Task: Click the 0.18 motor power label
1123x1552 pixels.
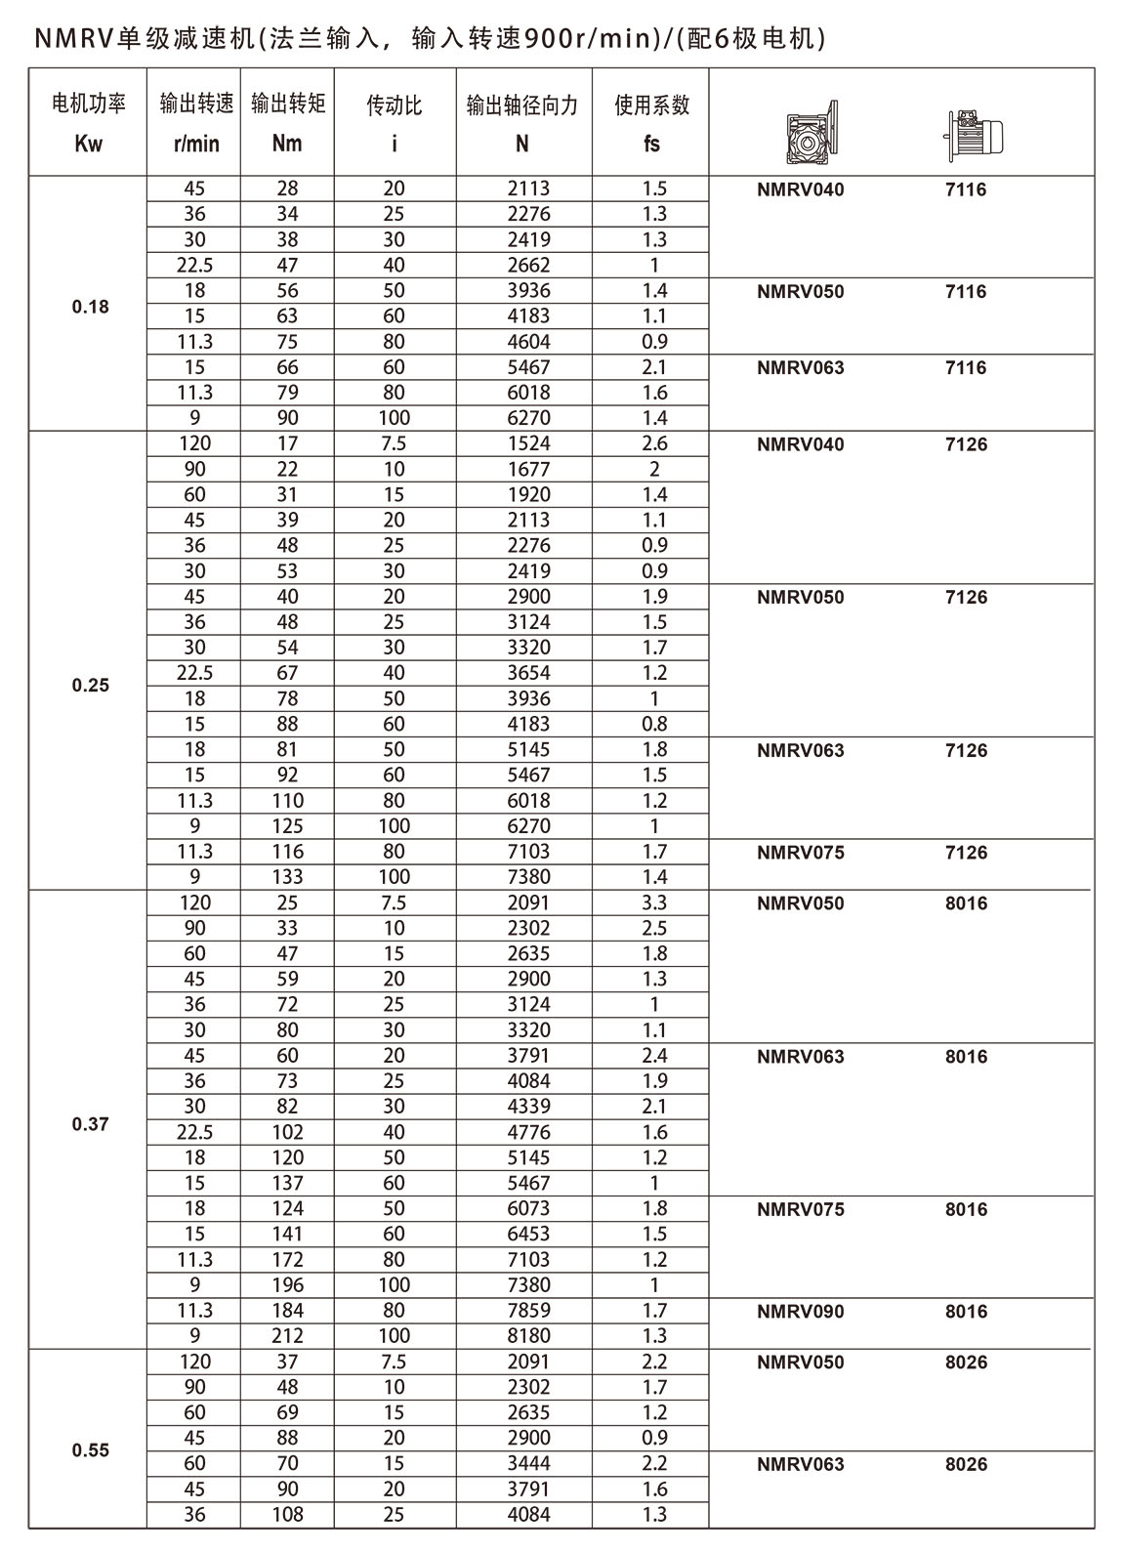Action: point(91,307)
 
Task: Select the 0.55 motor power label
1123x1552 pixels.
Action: point(91,1450)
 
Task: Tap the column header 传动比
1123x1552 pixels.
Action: point(394,105)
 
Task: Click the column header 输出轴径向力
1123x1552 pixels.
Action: point(522,105)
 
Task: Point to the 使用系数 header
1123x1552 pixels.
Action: point(651,105)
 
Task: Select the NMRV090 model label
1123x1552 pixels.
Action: point(800,1311)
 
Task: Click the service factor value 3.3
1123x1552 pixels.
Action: point(654,902)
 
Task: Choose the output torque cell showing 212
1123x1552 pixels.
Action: point(288,1335)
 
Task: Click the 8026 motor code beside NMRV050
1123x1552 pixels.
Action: point(966,1362)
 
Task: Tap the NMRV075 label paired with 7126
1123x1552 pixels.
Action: point(800,852)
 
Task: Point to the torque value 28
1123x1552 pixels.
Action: point(288,189)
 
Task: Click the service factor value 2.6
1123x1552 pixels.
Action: point(654,443)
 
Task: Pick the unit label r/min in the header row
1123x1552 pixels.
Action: point(196,144)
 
